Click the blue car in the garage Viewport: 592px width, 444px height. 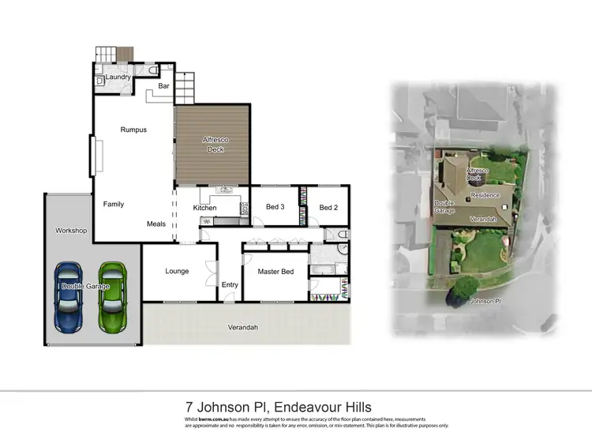pyautogui.click(x=69, y=297)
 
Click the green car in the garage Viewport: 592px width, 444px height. pyautogui.click(x=113, y=297)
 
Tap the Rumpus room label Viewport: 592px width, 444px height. pyautogui.click(x=133, y=130)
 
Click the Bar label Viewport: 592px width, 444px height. pyautogui.click(x=164, y=85)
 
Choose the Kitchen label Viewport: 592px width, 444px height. pyautogui.click(x=205, y=208)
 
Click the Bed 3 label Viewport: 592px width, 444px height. pyautogui.click(x=275, y=208)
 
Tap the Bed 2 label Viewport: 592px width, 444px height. pyautogui.click(x=328, y=208)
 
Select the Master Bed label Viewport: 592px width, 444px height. pyautogui.click(x=275, y=272)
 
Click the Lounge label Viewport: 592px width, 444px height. pyautogui.click(x=177, y=271)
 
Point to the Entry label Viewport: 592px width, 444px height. pyautogui.click(x=230, y=285)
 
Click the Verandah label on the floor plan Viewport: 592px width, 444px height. pyautogui.click(x=243, y=327)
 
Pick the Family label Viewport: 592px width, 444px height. pyautogui.click(x=114, y=204)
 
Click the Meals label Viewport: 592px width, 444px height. pyautogui.click(x=156, y=224)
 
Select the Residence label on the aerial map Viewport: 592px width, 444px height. pyautogui.click(x=485, y=194)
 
